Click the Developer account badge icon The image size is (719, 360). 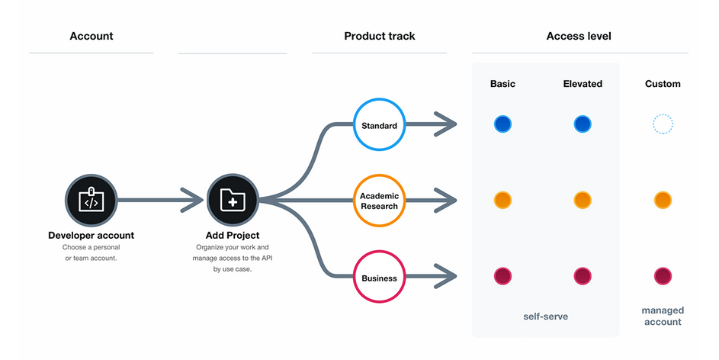(91, 200)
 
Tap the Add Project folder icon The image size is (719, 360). (233, 200)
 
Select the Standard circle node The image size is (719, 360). (379, 124)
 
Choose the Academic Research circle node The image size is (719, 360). (379, 201)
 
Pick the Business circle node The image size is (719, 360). (379, 277)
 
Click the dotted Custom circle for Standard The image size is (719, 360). (663, 124)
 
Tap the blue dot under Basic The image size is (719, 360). (502, 124)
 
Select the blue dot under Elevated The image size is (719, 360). (583, 124)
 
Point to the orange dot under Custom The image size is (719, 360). (663, 201)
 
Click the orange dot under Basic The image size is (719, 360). (502, 201)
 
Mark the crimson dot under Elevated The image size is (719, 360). (583, 277)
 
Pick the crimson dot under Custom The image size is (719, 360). (663, 277)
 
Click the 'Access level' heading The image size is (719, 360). (579, 37)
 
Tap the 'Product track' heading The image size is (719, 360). (380, 37)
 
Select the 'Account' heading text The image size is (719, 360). (91, 37)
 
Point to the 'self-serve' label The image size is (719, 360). (546, 317)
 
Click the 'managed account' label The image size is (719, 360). (663, 316)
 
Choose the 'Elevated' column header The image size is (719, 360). (583, 84)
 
